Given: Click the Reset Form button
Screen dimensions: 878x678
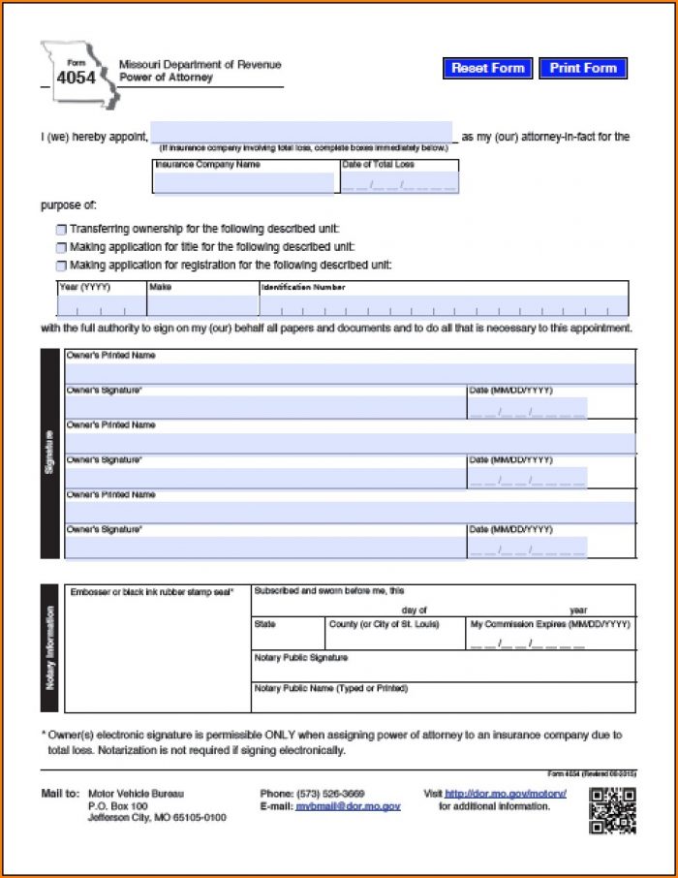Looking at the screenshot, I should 487,69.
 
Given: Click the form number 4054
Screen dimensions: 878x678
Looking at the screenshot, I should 76,78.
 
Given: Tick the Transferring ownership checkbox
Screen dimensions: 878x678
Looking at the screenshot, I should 61,230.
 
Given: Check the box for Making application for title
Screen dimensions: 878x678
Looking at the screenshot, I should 61,248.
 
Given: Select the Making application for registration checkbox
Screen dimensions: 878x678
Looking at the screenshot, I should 61,266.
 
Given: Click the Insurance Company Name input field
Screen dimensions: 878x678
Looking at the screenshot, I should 245,183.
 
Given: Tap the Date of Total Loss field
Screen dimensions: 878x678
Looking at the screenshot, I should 398,183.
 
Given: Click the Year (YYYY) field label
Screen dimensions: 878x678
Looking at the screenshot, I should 85,288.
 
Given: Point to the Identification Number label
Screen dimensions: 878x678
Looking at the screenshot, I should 302,288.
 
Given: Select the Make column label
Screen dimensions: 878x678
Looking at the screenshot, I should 160,288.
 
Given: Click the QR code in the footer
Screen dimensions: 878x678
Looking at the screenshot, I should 612,811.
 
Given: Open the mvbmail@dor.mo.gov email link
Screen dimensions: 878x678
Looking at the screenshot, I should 348,806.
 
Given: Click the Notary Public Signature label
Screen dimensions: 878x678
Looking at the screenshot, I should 300,658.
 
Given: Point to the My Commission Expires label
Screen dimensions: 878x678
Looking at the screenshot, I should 549,624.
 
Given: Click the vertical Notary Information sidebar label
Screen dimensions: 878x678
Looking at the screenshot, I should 50,648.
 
